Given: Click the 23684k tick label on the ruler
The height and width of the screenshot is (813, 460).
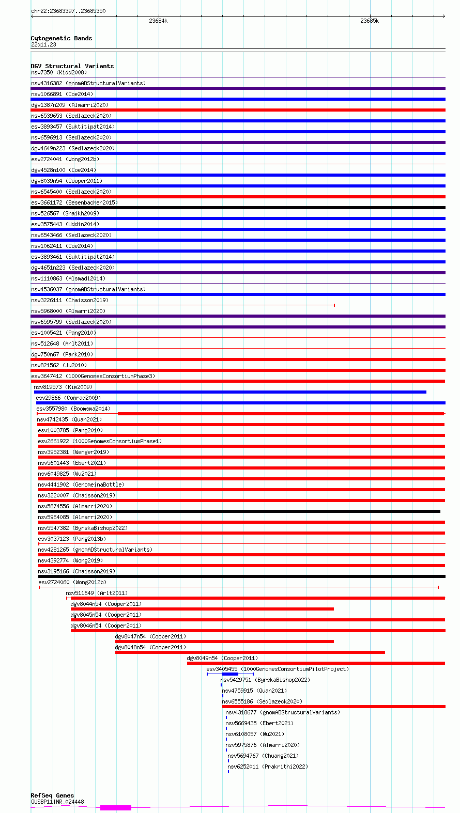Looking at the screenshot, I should point(158,21).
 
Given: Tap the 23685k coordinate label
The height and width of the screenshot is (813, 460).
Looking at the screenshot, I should point(370,21).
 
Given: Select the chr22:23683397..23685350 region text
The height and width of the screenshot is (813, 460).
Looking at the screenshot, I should point(68,11).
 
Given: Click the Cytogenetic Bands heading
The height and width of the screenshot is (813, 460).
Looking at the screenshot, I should point(62,38).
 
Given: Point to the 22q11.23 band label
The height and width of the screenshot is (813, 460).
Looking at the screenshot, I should point(43,44).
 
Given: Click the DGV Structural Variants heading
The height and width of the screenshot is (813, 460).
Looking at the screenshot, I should point(72,66).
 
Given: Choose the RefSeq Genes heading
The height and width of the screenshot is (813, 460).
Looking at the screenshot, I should point(52,795).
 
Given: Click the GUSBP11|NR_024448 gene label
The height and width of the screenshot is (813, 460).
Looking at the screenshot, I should point(57,802).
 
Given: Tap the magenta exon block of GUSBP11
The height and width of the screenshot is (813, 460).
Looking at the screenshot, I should point(116,807).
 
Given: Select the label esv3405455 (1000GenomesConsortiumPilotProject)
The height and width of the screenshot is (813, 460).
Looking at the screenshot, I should point(278,669).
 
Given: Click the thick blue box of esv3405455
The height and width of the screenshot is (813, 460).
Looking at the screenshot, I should point(230,674).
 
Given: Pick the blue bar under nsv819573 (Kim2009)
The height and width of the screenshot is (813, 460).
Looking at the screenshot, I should point(230,392).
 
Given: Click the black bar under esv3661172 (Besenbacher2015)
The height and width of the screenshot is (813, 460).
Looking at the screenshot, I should point(238,208).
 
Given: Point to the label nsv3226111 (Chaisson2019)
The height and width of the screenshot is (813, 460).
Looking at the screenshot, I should point(70,300).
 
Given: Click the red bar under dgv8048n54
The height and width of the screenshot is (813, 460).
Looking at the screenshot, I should point(250,652).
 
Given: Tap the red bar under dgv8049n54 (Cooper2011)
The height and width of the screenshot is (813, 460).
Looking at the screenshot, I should point(316,663).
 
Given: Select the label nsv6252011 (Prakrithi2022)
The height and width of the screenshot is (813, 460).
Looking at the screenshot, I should point(268,767).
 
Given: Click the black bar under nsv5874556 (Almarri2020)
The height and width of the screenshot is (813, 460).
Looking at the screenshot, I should point(239,511).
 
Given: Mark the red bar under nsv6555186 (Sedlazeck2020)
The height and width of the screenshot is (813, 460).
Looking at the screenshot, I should point(333,707).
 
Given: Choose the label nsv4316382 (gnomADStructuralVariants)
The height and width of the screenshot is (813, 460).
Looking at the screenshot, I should point(88,83).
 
